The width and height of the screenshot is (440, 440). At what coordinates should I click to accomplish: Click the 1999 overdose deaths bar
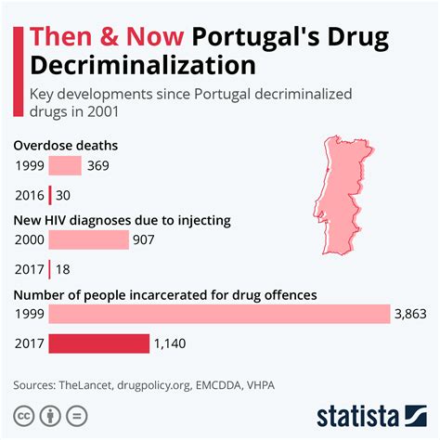point(65,166)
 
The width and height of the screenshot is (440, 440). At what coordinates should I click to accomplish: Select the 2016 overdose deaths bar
point(49,196)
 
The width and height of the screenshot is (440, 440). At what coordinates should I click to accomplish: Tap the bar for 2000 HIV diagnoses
point(88,240)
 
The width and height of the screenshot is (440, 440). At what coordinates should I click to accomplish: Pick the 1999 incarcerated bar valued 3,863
point(219,315)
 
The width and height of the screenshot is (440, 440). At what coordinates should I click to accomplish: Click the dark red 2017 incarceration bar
point(98,344)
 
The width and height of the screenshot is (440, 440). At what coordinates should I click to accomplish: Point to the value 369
point(98,166)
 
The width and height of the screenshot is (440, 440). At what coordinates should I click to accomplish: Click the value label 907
point(146,240)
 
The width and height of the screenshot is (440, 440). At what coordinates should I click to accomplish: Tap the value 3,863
point(410,315)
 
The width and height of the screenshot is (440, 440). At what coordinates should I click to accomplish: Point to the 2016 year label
point(29,196)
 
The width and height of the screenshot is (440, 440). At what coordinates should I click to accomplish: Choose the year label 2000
point(29,240)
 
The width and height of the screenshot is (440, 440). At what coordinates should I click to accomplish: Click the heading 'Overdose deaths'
point(64,146)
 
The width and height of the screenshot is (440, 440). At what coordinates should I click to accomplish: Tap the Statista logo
point(372,414)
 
